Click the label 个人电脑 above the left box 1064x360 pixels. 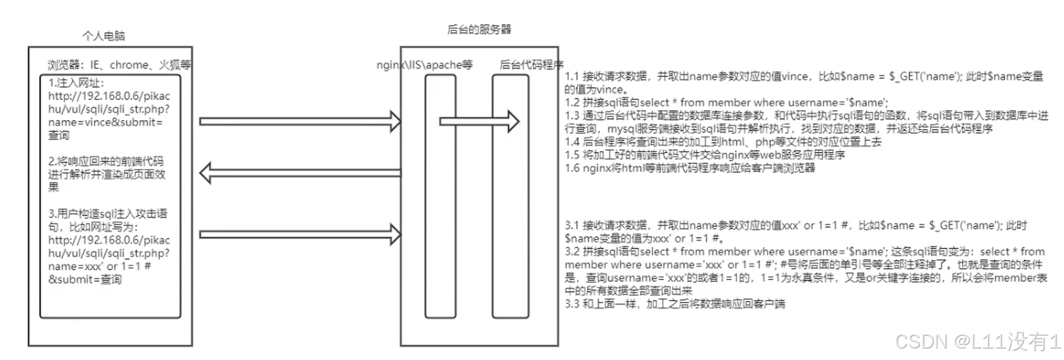(x=103, y=36)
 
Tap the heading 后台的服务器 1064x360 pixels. (x=479, y=29)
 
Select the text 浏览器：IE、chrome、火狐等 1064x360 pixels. (x=119, y=65)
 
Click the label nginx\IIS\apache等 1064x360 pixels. (x=424, y=65)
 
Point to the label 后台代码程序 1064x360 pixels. (x=531, y=65)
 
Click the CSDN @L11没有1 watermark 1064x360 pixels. (x=977, y=341)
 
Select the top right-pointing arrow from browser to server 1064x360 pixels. (x=300, y=122)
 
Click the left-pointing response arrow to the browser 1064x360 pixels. (x=300, y=174)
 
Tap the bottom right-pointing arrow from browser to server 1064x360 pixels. (x=300, y=234)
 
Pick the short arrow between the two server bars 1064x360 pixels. (x=479, y=122)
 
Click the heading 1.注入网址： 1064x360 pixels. (x=76, y=82)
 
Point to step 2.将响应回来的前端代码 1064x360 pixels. (x=106, y=161)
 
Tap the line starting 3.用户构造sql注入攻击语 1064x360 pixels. (x=108, y=213)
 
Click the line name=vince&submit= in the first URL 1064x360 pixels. (x=105, y=122)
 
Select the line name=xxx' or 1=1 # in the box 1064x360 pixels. (x=100, y=266)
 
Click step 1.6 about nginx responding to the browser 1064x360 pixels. (x=690, y=168)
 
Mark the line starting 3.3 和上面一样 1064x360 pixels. (x=675, y=304)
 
